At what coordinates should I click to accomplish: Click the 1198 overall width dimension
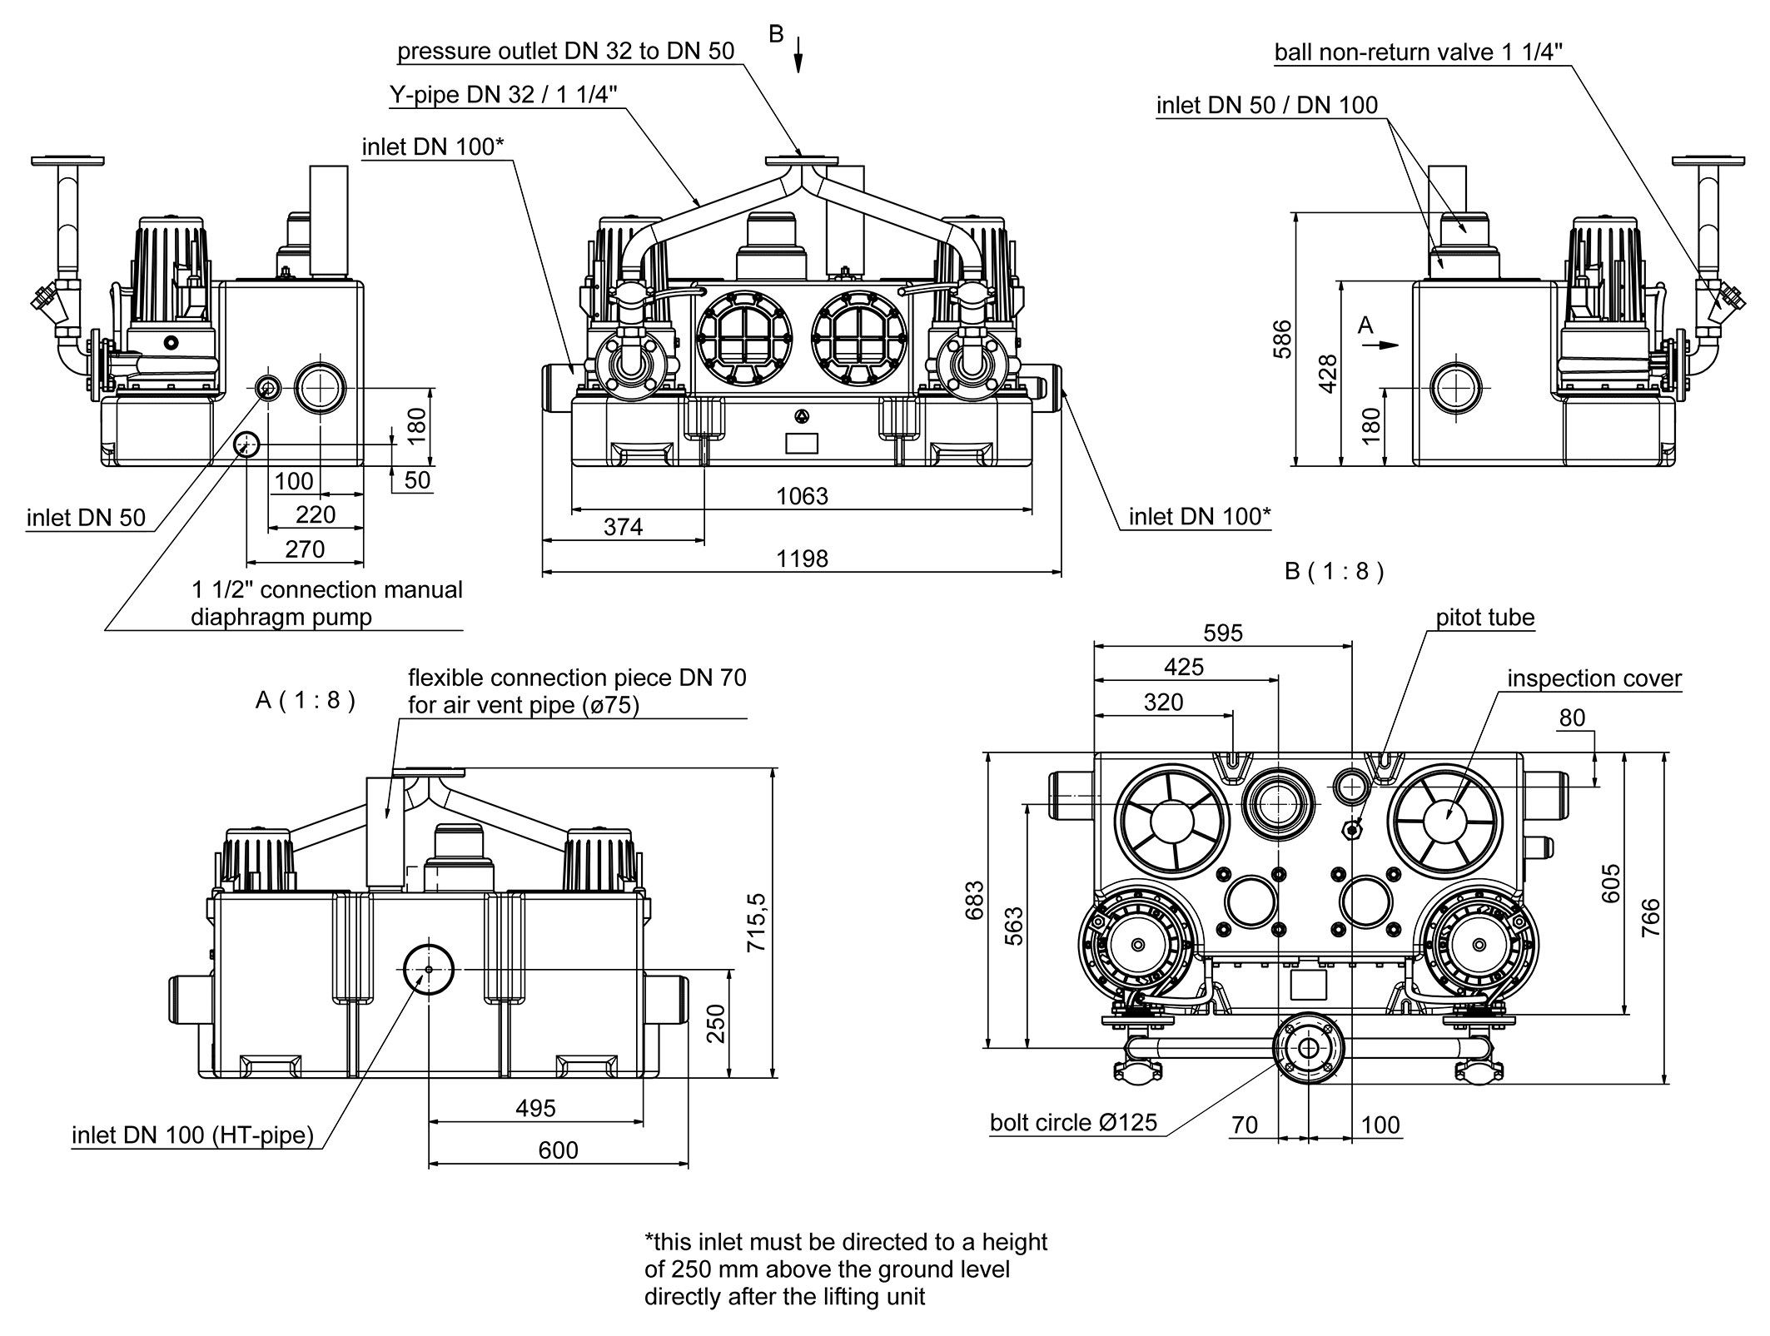tap(802, 559)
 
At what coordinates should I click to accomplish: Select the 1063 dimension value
tap(802, 496)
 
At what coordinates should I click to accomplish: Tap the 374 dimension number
tap(623, 527)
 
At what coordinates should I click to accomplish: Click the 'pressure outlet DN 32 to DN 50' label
tap(565, 52)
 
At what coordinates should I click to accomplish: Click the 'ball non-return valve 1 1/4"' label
tap(1418, 52)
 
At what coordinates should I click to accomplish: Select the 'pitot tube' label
tap(1484, 618)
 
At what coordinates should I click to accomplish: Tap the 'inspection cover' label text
tap(1593, 678)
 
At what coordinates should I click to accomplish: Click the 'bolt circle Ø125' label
tap(1073, 1123)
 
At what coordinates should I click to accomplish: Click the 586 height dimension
tap(1283, 339)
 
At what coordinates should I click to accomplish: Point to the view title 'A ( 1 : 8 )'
tap(305, 700)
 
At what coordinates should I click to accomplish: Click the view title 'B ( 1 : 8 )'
tap(1334, 572)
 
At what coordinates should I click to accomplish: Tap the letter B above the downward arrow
tap(776, 34)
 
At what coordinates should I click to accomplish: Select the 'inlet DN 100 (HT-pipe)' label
tap(192, 1135)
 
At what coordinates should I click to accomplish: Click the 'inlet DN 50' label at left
tap(86, 518)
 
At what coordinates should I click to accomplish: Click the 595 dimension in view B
tap(1222, 633)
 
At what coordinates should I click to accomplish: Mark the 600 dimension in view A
tap(557, 1150)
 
